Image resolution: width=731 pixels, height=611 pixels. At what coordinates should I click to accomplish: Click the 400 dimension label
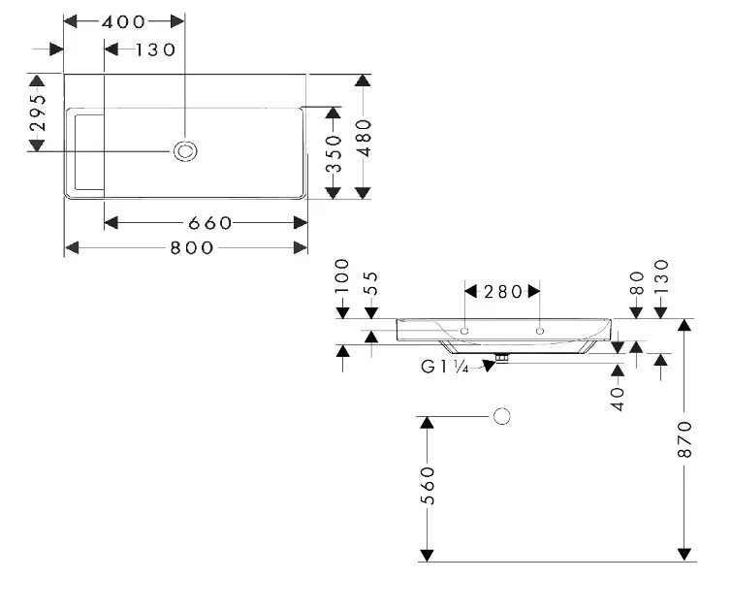pos(123,21)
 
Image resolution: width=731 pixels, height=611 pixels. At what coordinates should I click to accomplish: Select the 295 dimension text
pos(37,113)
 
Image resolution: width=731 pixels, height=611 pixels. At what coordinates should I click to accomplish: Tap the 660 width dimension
pos(206,223)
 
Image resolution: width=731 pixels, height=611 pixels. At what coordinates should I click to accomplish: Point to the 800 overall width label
pos(192,248)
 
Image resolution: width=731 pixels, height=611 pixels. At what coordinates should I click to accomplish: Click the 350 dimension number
pos(334,153)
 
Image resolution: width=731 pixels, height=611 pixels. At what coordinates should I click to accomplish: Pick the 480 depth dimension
pos(363,137)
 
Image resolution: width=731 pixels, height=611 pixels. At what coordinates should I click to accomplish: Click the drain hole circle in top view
pos(184,150)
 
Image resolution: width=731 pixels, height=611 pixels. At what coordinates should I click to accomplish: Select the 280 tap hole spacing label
pos(502,291)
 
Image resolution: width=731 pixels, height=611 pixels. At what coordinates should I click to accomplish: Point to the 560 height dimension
pos(427,486)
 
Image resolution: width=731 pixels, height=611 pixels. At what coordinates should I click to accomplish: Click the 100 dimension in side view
pos(341,276)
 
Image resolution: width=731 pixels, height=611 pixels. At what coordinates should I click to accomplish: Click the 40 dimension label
pos(618,398)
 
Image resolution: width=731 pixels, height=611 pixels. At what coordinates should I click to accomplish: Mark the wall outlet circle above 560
pos(501,417)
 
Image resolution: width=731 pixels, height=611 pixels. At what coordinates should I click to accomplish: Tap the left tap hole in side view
pos(465,331)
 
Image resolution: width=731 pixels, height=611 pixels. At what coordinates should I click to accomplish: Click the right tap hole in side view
pos(539,331)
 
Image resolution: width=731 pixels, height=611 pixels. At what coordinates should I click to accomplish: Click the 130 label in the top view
pos(156,49)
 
